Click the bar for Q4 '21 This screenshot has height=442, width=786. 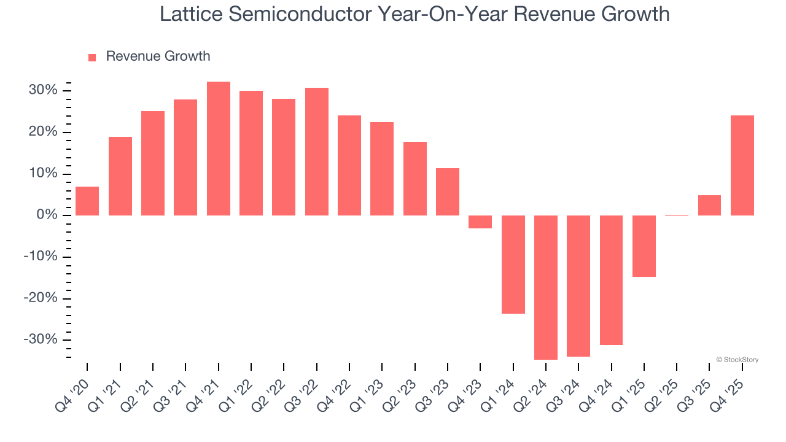pyautogui.click(x=219, y=149)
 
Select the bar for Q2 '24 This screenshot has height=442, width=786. pyautogui.click(x=546, y=287)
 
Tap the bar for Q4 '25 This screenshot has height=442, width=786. pyautogui.click(x=742, y=165)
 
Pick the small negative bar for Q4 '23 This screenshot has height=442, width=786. pyautogui.click(x=480, y=222)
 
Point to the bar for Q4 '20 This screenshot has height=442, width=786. pyautogui.click(x=87, y=201)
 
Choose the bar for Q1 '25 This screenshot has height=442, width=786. pyautogui.click(x=644, y=246)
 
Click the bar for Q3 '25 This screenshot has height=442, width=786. pyautogui.click(x=709, y=205)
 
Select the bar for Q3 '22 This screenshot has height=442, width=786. pyautogui.click(x=317, y=152)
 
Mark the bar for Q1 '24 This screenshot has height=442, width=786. pyautogui.click(x=513, y=265)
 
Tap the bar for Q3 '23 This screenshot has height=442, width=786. pyautogui.click(x=448, y=192)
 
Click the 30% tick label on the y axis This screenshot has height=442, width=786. pyautogui.click(x=44, y=91)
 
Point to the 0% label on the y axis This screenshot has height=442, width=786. pyautogui.click(x=47, y=215)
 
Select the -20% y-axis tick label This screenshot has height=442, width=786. pyautogui.click(x=41, y=298)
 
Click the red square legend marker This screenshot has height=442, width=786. pyautogui.click(x=92, y=58)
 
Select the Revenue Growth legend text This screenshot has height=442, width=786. pyautogui.click(x=158, y=56)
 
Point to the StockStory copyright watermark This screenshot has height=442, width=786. pyautogui.click(x=737, y=360)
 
